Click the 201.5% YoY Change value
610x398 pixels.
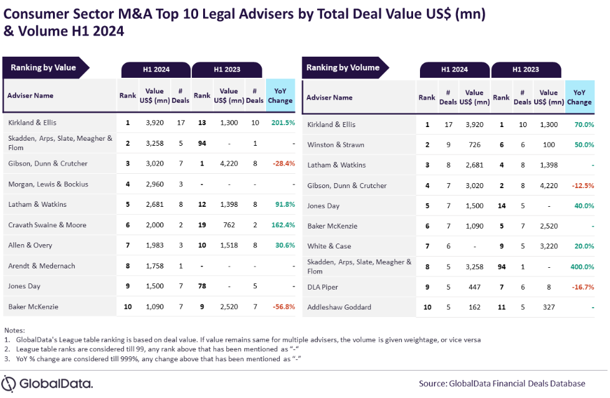coord(282,123)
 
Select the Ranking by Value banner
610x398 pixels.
coord(42,68)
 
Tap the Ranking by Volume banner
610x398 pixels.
coord(343,68)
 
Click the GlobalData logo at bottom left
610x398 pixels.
coord(48,383)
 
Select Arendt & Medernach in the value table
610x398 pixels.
coord(42,266)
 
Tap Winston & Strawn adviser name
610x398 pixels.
coord(336,145)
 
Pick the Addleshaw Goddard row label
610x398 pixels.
coord(340,307)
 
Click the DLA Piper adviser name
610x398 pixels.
coord(323,287)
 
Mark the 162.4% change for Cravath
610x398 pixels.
coord(282,225)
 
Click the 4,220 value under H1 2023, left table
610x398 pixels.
coord(229,164)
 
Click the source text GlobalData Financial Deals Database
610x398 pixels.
coord(502,383)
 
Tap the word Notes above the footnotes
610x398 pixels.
coord(14,329)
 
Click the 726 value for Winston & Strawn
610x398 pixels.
coord(474,145)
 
